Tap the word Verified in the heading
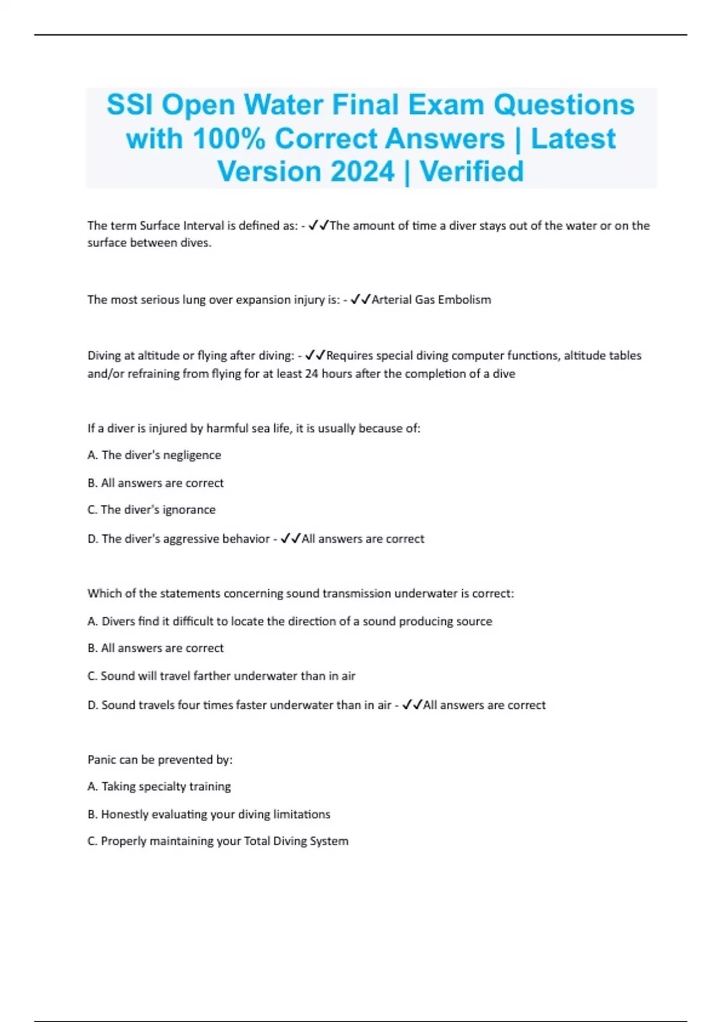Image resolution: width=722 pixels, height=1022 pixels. [x=472, y=171]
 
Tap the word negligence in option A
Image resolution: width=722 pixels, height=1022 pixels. [x=191, y=455]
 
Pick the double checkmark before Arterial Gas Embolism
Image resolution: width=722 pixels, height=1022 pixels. [x=360, y=299]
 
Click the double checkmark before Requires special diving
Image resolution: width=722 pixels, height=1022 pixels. [x=315, y=355]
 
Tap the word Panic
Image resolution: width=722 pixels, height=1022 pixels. [x=102, y=759]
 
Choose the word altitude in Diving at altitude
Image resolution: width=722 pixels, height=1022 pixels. [x=151, y=355]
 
